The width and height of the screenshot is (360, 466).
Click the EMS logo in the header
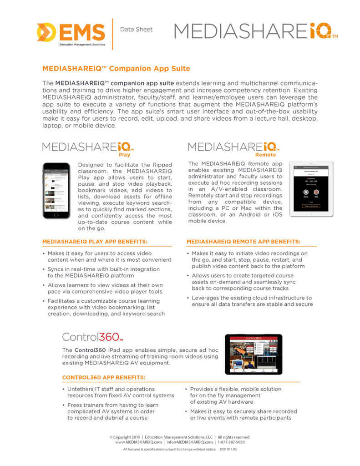pyautogui.click(x=71, y=33)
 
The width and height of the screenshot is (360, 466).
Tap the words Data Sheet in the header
pyautogui.click(x=136, y=30)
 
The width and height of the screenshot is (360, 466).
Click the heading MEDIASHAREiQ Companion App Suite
pyautogui.click(x=116, y=69)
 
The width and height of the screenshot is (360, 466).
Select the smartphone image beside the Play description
pyautogui.click(x=56, y=191)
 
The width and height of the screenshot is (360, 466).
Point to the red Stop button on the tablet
pyautogui.click(x=316, y=192)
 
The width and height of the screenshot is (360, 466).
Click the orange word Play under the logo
pyautogui.click(x=124, y=155)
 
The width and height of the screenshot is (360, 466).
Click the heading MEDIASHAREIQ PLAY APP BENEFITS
pyautogui.click(x=95, y=241)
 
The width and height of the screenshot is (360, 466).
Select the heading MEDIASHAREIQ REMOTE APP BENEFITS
pyautogui.click(x=243, y=241)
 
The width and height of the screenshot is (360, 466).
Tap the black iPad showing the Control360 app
pyautogui.click(x=254, y=355)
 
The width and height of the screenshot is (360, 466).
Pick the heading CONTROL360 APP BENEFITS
pyautogui.click(x=104, y=377)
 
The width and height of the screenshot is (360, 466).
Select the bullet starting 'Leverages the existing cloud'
pyautogui.click(x=252, y=301)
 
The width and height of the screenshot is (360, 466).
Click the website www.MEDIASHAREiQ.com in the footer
pyautogui.click(x=138, y=442)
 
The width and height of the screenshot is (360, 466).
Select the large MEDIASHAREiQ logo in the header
pyautogui.click(x=255, y=31)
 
